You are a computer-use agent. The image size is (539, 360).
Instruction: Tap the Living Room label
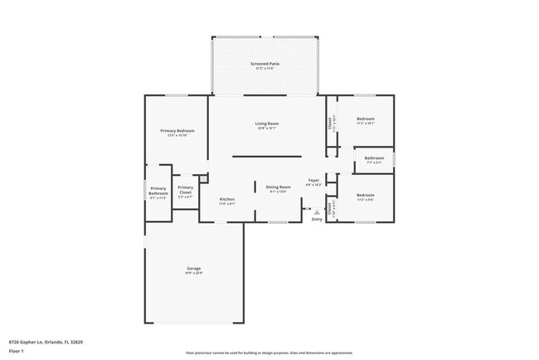click(x=266, y=124)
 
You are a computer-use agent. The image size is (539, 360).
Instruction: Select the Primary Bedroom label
click(x=177, y=131)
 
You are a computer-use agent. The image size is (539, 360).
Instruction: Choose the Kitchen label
click(x=227, y=200)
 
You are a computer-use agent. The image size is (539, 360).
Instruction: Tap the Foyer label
click(x=314, y=181)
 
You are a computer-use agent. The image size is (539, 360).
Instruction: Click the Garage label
click(x=194, y=269)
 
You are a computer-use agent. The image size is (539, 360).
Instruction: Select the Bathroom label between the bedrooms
click(x=374, y=158)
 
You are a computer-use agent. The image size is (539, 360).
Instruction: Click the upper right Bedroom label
click(x=366, y=119)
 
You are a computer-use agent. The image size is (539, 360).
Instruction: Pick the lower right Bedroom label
click(x=366, y=196)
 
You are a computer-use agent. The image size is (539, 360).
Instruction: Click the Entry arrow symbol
click(x=316, y=212)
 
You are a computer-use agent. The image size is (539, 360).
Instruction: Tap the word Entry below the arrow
click(x=316, y=219)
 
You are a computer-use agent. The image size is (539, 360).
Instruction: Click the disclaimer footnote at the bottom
click(x=269, y=352)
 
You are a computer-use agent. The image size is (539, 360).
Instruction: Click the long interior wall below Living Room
click(x=266, y=156)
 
